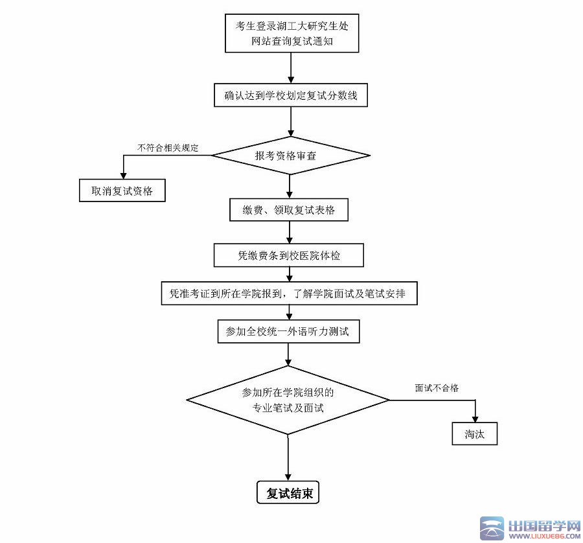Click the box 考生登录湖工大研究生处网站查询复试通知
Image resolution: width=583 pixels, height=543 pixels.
[x=291, y=34]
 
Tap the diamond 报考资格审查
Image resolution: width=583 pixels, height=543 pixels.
[x=291, y=156]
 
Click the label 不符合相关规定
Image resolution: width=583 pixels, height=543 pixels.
[x=167, y=148]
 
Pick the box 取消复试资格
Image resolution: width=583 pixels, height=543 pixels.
[x=121, y=191]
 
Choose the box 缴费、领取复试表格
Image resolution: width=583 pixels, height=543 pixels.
[x=291, y=210]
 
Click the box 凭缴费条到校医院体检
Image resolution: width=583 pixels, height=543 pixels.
[x=288, y=255]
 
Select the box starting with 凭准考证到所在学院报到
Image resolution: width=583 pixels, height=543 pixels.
[x=288, y=293]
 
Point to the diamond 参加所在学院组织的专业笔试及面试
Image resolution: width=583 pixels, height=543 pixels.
[x=288, y=400]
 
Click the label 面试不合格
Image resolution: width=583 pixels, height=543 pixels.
[x=437, y=388]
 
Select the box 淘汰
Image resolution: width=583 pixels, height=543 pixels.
[x=474, y=434]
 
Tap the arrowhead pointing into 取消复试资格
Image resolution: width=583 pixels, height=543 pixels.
[x=123, y=174]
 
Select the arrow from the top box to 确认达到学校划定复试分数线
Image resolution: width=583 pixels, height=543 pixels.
[x=291, y=67]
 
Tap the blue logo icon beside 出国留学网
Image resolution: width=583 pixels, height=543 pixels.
[x=490, y=528]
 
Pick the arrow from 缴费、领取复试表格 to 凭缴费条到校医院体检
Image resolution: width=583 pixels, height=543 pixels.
[x=290, y=232]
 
